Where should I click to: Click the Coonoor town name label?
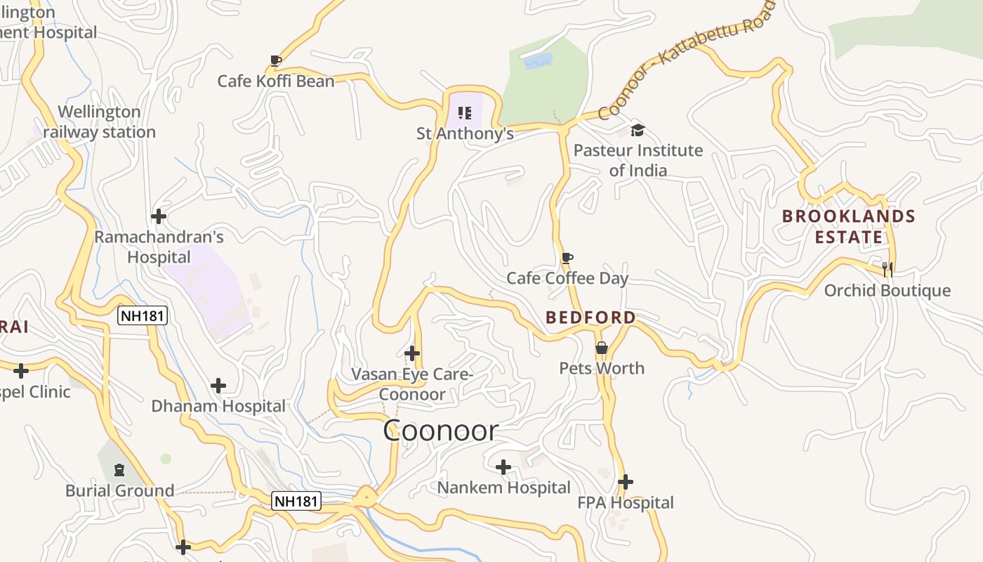coord(441,431)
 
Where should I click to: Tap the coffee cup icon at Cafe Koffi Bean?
coord(276,61)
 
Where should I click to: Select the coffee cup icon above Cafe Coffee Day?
coord(567,259)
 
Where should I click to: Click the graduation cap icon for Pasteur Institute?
coord(638,130)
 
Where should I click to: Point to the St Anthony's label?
coord(465,133)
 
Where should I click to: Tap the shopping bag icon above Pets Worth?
coord(602,348)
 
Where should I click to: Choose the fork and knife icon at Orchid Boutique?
coord(888,269)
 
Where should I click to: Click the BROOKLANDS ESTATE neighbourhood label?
coord(849,227)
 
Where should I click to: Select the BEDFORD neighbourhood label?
coord(591,318)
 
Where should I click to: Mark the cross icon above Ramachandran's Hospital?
coord(159,216)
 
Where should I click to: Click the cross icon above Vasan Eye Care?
coord(413,353)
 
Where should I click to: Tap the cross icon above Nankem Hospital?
coord(503,467)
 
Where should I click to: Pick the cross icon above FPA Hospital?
coord(626,482)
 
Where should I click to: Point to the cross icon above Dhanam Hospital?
coord(218,386)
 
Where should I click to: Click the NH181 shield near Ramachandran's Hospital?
coord(143,315)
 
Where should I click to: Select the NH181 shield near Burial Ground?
coord(296,501)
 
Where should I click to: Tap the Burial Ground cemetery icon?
coord(119,469)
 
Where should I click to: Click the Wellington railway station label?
coord(99,122)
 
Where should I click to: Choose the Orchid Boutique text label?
coord(888,291)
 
